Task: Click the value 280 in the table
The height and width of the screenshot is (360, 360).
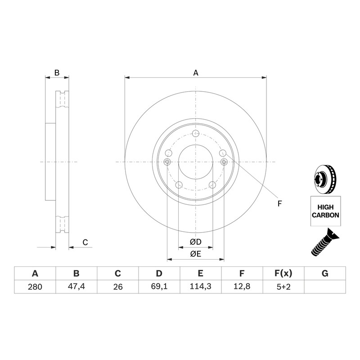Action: click(35, 287)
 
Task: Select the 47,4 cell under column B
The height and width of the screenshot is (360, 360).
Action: click(76, 287)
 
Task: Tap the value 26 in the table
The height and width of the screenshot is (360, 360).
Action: click(118, 287)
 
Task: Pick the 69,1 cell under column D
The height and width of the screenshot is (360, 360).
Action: click(159, 287)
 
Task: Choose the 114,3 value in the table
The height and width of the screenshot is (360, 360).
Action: click(200, 287)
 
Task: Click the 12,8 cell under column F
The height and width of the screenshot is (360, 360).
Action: click(242, 287)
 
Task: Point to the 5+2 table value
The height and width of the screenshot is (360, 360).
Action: click(283, 287)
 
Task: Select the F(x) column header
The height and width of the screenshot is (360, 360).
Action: click(283, 274)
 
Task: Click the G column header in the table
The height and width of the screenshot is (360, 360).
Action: click(325, 274)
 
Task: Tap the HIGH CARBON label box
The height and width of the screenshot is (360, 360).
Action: click(325, 211)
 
